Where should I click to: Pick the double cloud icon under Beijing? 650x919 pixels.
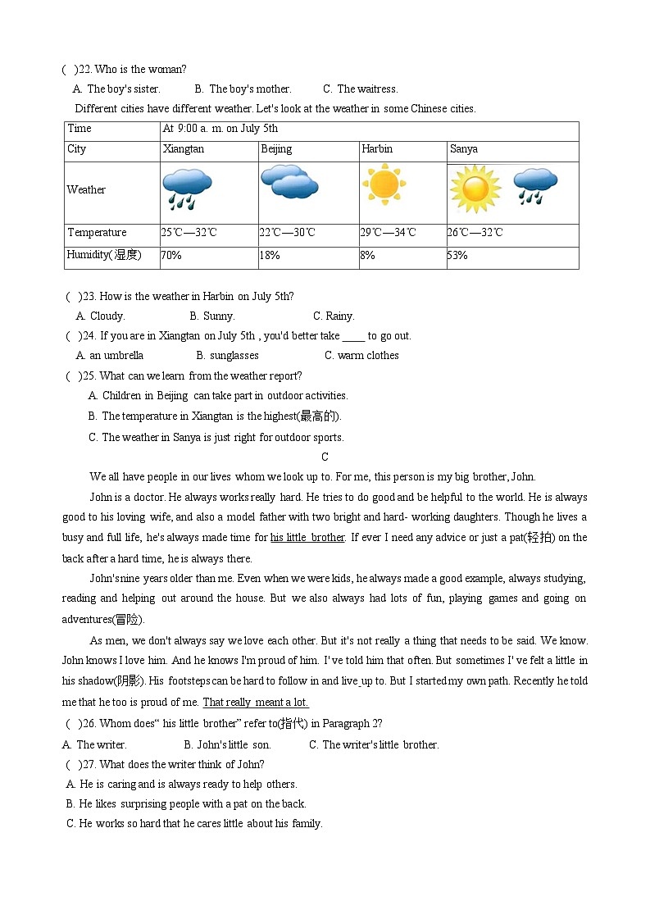point(289,182)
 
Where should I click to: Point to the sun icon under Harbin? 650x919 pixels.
point(383,183)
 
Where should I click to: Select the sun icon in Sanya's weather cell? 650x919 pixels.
point(475,189)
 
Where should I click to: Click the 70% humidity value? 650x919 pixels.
point(171,256)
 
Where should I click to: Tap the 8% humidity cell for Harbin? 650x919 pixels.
point(367,256)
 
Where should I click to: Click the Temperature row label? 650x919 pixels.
point(97,233)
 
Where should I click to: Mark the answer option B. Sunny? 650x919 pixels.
point(212,316)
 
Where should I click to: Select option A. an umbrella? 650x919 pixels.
point(110,356)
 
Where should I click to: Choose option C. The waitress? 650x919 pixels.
point(361,89)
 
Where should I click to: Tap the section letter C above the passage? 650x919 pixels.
point(325,457)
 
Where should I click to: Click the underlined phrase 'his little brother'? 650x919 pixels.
point(307,538)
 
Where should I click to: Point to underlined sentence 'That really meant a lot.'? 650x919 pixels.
point(256,703)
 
